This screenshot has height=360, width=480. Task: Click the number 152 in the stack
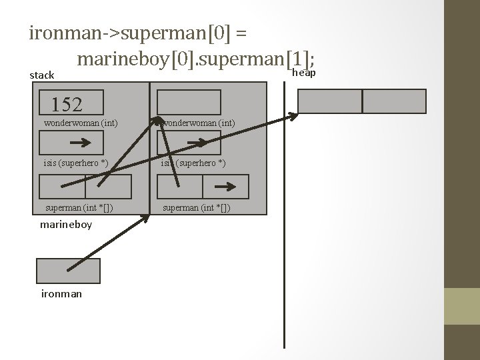tap(67, 105)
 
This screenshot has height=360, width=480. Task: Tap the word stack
tap(42, 75)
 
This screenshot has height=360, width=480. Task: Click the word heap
tap(304, 72)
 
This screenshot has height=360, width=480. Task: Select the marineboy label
tap(66, 225)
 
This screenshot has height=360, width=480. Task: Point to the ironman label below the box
tap(61, 293)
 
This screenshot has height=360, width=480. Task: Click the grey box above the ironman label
tap(68, 271)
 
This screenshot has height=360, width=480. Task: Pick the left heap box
tap(329, 101)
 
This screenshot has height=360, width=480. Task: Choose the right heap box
tap(394, 101)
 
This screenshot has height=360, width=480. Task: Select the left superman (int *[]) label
tap(79, 207)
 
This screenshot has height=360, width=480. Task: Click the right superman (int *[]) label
tap(197, 207)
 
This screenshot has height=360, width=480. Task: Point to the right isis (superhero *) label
tap(193, 163)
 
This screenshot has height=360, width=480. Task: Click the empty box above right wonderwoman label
tap(189, 102)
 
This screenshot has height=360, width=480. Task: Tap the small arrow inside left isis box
tap(81, 143)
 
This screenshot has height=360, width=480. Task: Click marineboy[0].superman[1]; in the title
tap(195, 59)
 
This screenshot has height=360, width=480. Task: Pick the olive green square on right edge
tap(462, 306)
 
